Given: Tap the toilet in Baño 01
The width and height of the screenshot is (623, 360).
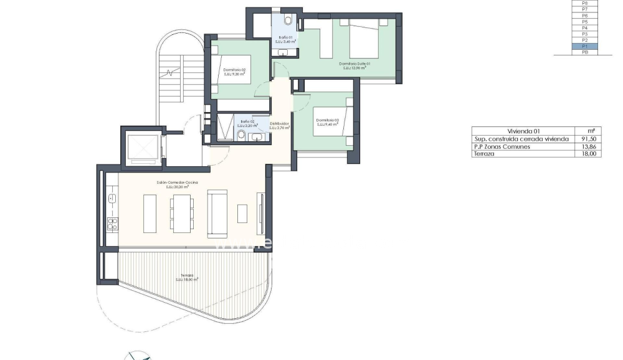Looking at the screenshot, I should (287, 21).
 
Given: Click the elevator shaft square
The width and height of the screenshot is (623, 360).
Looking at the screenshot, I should (143, 148).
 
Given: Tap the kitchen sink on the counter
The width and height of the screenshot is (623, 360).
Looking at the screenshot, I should (112, 198).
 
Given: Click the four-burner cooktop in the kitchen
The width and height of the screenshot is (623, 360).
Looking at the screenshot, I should (112, 224).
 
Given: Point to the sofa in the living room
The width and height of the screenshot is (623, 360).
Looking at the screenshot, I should (217, 214).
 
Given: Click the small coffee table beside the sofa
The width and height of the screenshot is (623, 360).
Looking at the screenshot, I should (242, 214).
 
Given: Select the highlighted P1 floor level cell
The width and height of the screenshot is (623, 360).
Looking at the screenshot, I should (584, 47).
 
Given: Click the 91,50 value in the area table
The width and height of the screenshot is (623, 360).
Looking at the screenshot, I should (587, 139).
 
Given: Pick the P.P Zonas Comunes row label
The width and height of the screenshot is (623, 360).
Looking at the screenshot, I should (502, 146).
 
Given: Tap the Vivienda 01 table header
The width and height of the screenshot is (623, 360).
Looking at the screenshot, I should (523, 131).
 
